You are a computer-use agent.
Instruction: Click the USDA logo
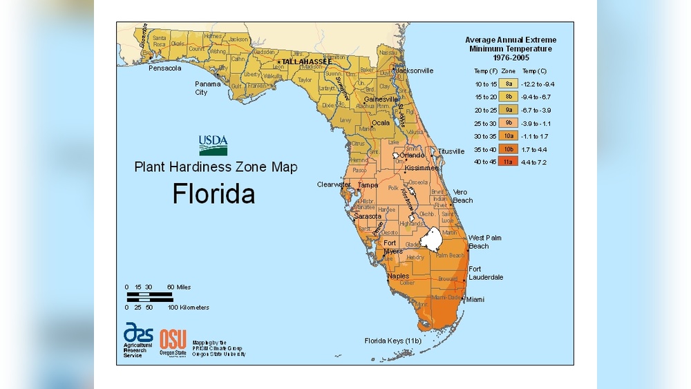coord(214,145)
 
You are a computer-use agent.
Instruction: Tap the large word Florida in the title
coord(214,193)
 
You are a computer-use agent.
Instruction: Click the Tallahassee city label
coord(308,62)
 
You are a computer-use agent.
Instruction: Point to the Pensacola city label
coord(164,68)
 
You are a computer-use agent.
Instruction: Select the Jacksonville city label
coord(414,70)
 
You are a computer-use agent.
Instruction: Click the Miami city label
coord(475,300)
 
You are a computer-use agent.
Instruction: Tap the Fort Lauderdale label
coord(486,273)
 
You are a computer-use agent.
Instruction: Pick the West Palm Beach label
coord(485,242)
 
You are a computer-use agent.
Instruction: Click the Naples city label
coord(398,276)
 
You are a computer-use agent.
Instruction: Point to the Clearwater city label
coord(334,184)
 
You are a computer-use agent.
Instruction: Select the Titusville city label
coord(451,151)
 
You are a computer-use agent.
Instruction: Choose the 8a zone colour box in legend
coord(508,84)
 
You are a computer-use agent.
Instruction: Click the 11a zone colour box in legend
coord(508,162)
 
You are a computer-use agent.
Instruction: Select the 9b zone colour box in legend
coord(508,122)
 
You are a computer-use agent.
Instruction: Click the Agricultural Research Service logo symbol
coord(138,332)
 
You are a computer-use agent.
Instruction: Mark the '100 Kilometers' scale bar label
coord(188,307)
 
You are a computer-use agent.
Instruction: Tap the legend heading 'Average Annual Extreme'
coord(510,40)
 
